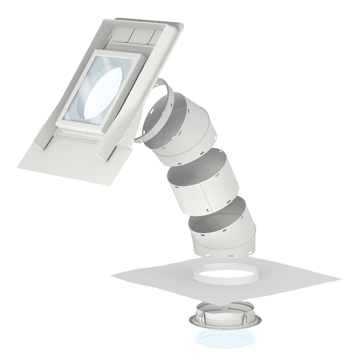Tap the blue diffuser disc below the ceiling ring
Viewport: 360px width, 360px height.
pyautogui.click(x=225, y=340)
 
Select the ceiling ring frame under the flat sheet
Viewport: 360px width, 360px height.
pyautogui.click(x=225, y=319)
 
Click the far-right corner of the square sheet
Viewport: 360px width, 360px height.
pyautogui.click(x=339, y=279)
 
